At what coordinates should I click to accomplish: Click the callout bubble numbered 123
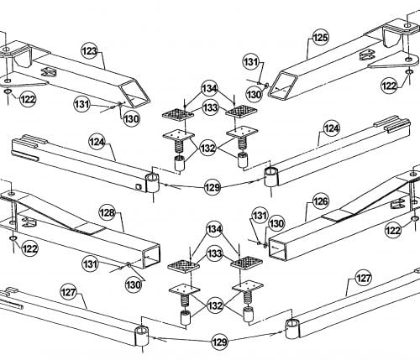(x=89, y=51)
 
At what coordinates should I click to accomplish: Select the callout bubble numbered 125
(x=320, y=38)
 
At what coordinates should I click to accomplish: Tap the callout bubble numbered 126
(x=320, y=201)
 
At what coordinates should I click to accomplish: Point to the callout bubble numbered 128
(x=107, y=213)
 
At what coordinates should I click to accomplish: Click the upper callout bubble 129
(x=213, y=187)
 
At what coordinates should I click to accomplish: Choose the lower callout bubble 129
(x=219, y=342)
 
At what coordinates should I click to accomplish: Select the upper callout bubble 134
(x=210, y=89)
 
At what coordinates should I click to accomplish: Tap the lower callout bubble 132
(x=215, y=305)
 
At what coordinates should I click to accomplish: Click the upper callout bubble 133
(x=210, y=107)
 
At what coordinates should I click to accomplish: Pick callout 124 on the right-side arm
(x=332, y=128)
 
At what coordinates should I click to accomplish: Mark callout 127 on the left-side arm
(x=69, y=292)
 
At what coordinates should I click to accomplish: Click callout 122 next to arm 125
(x=389, y=86)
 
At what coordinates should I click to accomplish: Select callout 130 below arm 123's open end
(x=131, y=119)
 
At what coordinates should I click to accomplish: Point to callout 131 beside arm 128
(x=90, y=263)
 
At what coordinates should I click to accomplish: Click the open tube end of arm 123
(x=135, y=93)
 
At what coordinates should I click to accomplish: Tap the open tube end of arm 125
(x=283, y=85)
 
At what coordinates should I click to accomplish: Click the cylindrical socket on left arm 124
(x=153, y=183)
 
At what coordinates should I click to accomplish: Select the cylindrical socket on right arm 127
(x=292, y=329)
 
